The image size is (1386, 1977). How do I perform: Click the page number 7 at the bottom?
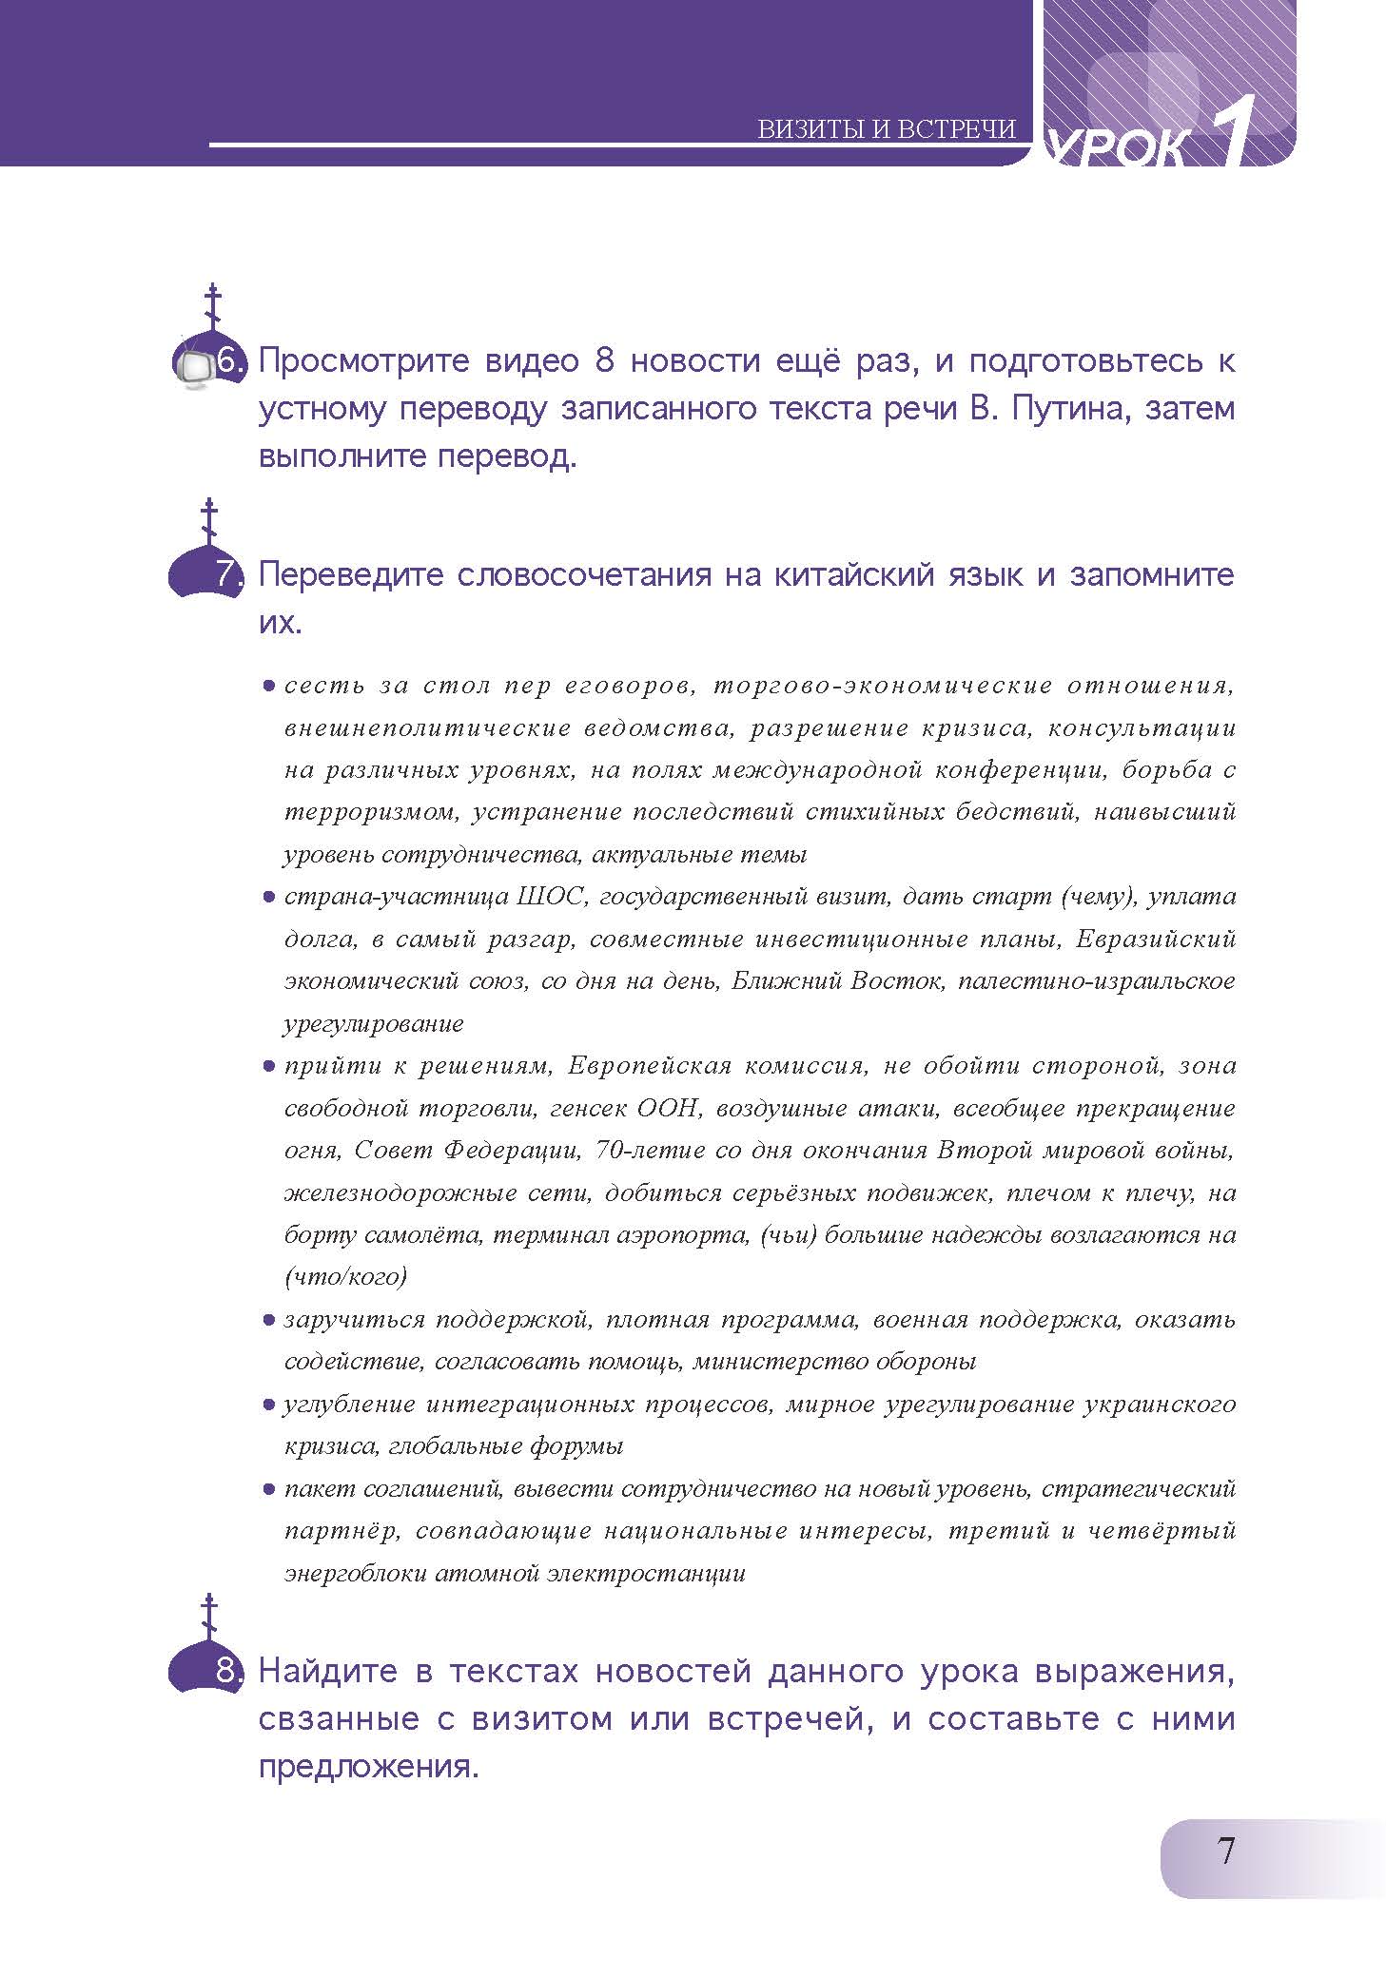click(x=1225, y=1851)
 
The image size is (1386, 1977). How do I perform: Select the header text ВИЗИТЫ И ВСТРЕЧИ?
click(x=887, y=129)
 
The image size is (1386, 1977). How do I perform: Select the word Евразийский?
click(x=1156, y=939)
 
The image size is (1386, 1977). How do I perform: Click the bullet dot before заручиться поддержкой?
click(x=269, y=1320)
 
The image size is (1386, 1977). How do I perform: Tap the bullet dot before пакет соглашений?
click(x=269, y=1489)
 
